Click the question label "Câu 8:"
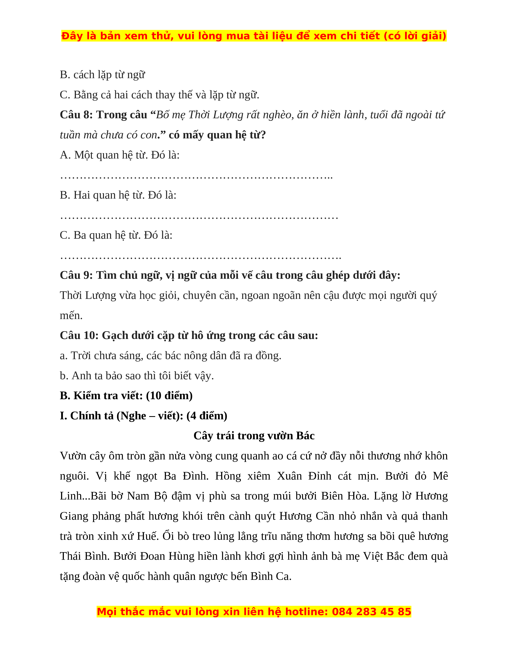[x=76, y=115]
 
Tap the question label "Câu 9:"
[x=76, y=275]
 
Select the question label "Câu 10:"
[x=79, y=336]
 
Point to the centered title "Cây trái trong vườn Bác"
[x=254, y=436]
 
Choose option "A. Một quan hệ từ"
[x=120, y=155]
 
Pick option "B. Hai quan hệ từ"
[x=118, y=195]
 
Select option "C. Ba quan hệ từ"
[x=116, y=235]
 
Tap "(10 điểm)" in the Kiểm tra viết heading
[x=169, y=396]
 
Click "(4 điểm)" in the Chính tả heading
[x=207, y=416]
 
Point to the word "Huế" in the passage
[x=147, y=536]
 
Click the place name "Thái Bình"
[x=84, y=556]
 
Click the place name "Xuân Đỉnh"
[x=304, y=476]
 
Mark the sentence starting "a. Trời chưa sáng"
[x=170, y=356]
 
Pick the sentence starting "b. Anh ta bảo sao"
[x=137, y=376]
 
